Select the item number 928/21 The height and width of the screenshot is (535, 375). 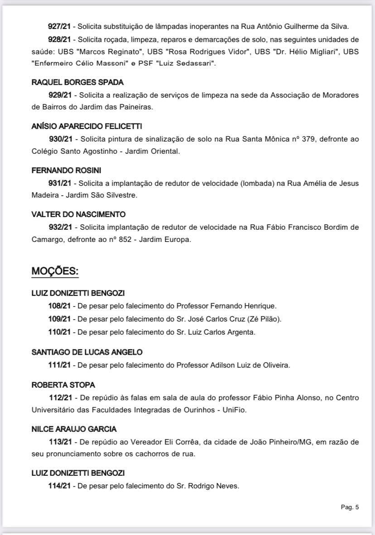click(59, 40)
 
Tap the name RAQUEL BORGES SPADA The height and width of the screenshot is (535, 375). click(77, 82)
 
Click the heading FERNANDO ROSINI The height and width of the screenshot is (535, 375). click(66, 170)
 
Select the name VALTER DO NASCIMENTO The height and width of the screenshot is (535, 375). click(78, 214)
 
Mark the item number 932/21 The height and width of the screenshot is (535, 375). click(60, 227)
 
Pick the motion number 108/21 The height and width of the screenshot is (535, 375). click(59, 306)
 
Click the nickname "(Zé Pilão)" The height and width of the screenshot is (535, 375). click(264, 319)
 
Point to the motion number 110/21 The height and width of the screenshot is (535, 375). click(59, 332)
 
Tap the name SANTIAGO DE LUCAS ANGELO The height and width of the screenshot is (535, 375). click(87, 352)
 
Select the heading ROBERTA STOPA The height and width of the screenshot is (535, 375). click(63, 385)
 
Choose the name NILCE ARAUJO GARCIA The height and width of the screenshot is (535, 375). click(74, 429)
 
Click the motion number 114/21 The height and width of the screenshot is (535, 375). click(59, 486)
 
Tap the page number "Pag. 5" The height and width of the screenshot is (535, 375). click(350, 507)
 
